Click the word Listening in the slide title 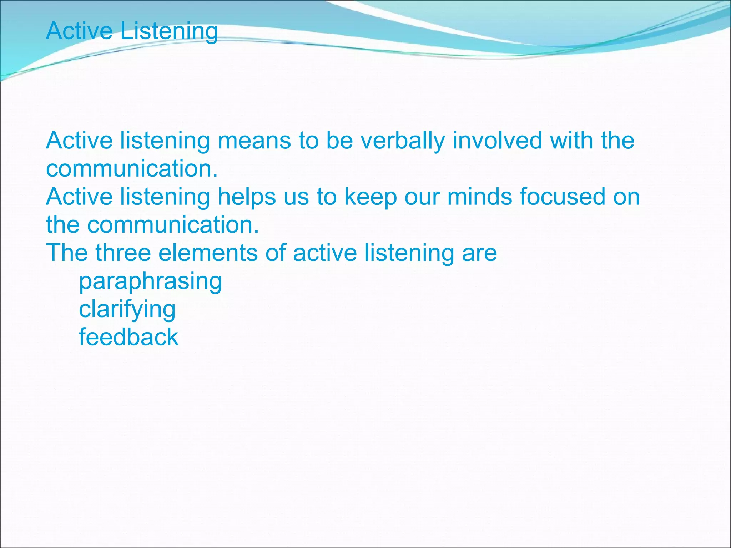[169, 31]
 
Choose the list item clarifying [127, 309]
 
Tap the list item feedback [128, 337]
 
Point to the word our [422, 197]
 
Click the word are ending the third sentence [479, 253]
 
